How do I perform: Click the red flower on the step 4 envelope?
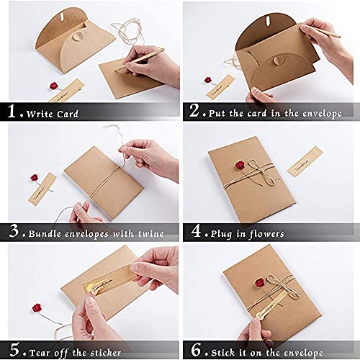239,166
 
